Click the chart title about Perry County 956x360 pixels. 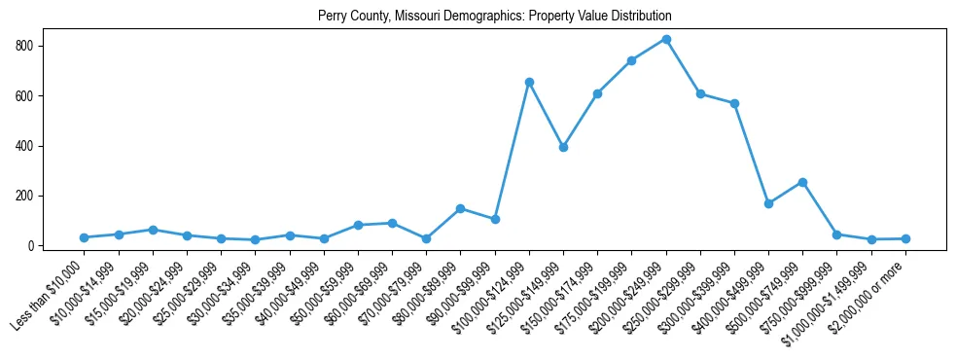pos(494,17)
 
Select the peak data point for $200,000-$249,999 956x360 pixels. pos(666,39)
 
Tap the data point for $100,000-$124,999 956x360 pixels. pos(529,82)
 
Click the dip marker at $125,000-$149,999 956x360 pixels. pos(563,147)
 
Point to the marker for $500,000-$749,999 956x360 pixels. pos(802,182)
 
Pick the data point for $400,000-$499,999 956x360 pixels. pos(768,203)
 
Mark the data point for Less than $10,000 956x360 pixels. pos(85,237)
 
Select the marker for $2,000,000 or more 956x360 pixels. pos(905,238)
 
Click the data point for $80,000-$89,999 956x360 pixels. pos(460,208)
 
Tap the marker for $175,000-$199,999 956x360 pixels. pos(631,60)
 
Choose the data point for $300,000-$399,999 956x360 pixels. pos(734,103)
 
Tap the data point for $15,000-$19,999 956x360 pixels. pos(153,230)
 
